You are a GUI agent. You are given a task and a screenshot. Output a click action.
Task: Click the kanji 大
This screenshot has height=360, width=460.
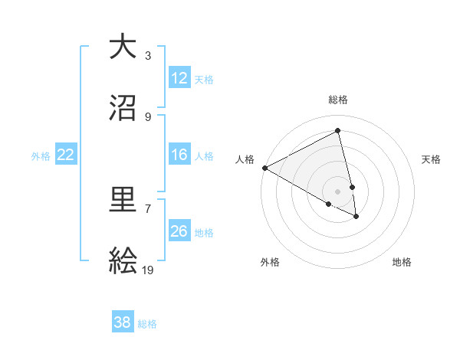click(123, 47)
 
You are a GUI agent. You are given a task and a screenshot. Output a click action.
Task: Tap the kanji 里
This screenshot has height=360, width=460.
click(123, 201)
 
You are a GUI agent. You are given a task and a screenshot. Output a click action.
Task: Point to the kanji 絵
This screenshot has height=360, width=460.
click(123, 262)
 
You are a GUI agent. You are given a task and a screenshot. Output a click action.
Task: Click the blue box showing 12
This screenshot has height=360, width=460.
click(179, 78)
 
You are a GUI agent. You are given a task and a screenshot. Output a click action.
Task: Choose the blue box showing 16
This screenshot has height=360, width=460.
click(179, 155)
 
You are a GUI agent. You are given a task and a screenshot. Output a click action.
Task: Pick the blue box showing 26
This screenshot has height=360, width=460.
click(179, 231)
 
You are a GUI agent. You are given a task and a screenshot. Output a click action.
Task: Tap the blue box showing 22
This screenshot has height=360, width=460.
click(66, 155)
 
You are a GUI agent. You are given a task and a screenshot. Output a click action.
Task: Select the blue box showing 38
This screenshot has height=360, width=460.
click(123, 323)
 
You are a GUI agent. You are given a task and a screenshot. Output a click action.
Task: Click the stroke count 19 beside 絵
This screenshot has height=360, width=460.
click(148, 270)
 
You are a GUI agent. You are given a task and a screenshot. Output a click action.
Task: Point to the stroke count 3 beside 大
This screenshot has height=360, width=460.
click(148, 55)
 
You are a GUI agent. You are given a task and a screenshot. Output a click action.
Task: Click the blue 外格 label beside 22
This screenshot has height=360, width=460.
click(41, 156)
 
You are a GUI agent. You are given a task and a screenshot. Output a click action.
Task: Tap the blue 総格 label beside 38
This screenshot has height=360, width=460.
click(147, 324)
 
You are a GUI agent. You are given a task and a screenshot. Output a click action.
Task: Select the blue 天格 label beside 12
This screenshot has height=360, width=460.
click(204, 79)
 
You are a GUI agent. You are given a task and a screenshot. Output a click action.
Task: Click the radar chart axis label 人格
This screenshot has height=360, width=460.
click(245, 159)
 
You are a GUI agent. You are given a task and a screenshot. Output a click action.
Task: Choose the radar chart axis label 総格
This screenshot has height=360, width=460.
click(338, 100)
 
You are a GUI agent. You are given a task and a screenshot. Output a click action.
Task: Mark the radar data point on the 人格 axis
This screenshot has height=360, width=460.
click(264, 168)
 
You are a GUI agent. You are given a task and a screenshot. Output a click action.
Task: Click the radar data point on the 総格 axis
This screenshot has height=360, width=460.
click(338, 131)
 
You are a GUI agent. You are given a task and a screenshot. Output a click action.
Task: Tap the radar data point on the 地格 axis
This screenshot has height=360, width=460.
click(356, 217)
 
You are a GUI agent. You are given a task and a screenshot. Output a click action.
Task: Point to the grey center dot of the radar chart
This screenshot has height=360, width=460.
click(338, 191)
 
